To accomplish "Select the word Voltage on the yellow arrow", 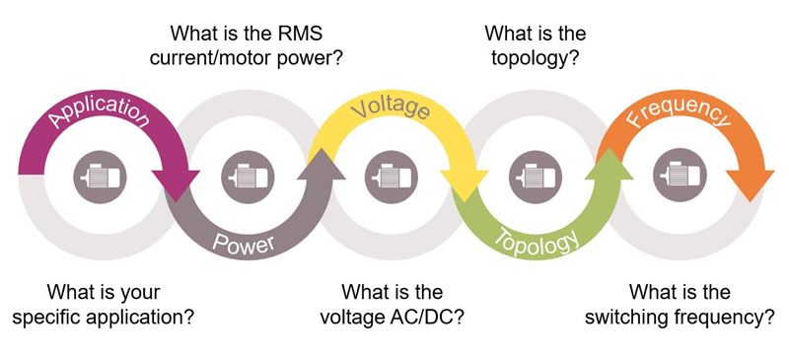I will point(390,107).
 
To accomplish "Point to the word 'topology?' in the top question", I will point(534,57).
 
